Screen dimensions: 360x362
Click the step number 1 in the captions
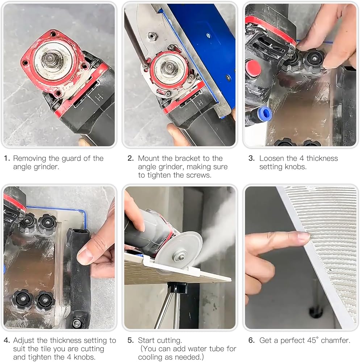7,159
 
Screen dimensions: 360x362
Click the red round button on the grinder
253,68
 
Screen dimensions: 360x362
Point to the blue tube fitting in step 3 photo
265,114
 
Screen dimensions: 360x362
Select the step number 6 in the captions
251,340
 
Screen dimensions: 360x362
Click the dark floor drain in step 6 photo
315,312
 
